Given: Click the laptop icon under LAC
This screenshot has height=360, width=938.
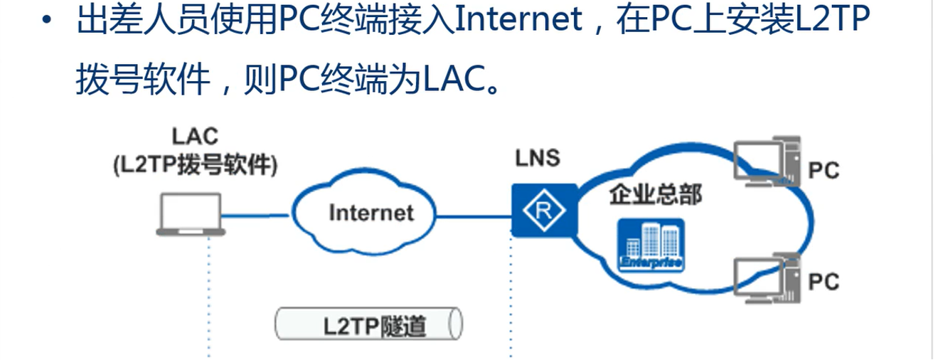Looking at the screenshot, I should pos(191,214).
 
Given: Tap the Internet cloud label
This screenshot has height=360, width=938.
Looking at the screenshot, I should pos(371,212).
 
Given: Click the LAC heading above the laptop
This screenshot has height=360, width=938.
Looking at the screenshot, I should pos(195,135).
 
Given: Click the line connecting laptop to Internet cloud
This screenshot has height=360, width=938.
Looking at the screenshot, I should pos(258,214).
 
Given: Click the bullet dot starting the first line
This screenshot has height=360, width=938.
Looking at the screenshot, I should pos(47,23).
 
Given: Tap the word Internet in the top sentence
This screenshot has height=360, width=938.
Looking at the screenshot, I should pos(517,23).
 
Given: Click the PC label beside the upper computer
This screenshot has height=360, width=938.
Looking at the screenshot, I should pos(824,171).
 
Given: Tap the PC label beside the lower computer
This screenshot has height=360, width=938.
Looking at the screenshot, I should pos(824,282).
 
